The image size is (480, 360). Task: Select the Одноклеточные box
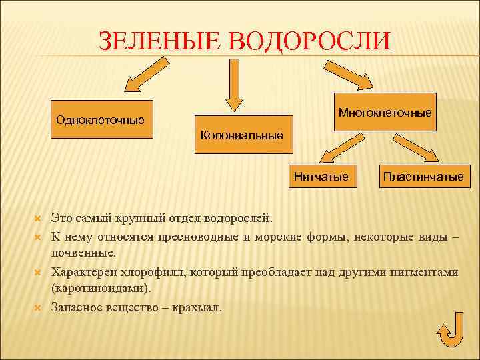[x=101, y=120]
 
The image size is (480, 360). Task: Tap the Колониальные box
[x=242, y=135]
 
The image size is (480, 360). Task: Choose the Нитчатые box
[x=321, y=177]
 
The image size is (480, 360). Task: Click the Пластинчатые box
[x=423, y=177]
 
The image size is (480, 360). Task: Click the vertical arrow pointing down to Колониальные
[x=234, y=83]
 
